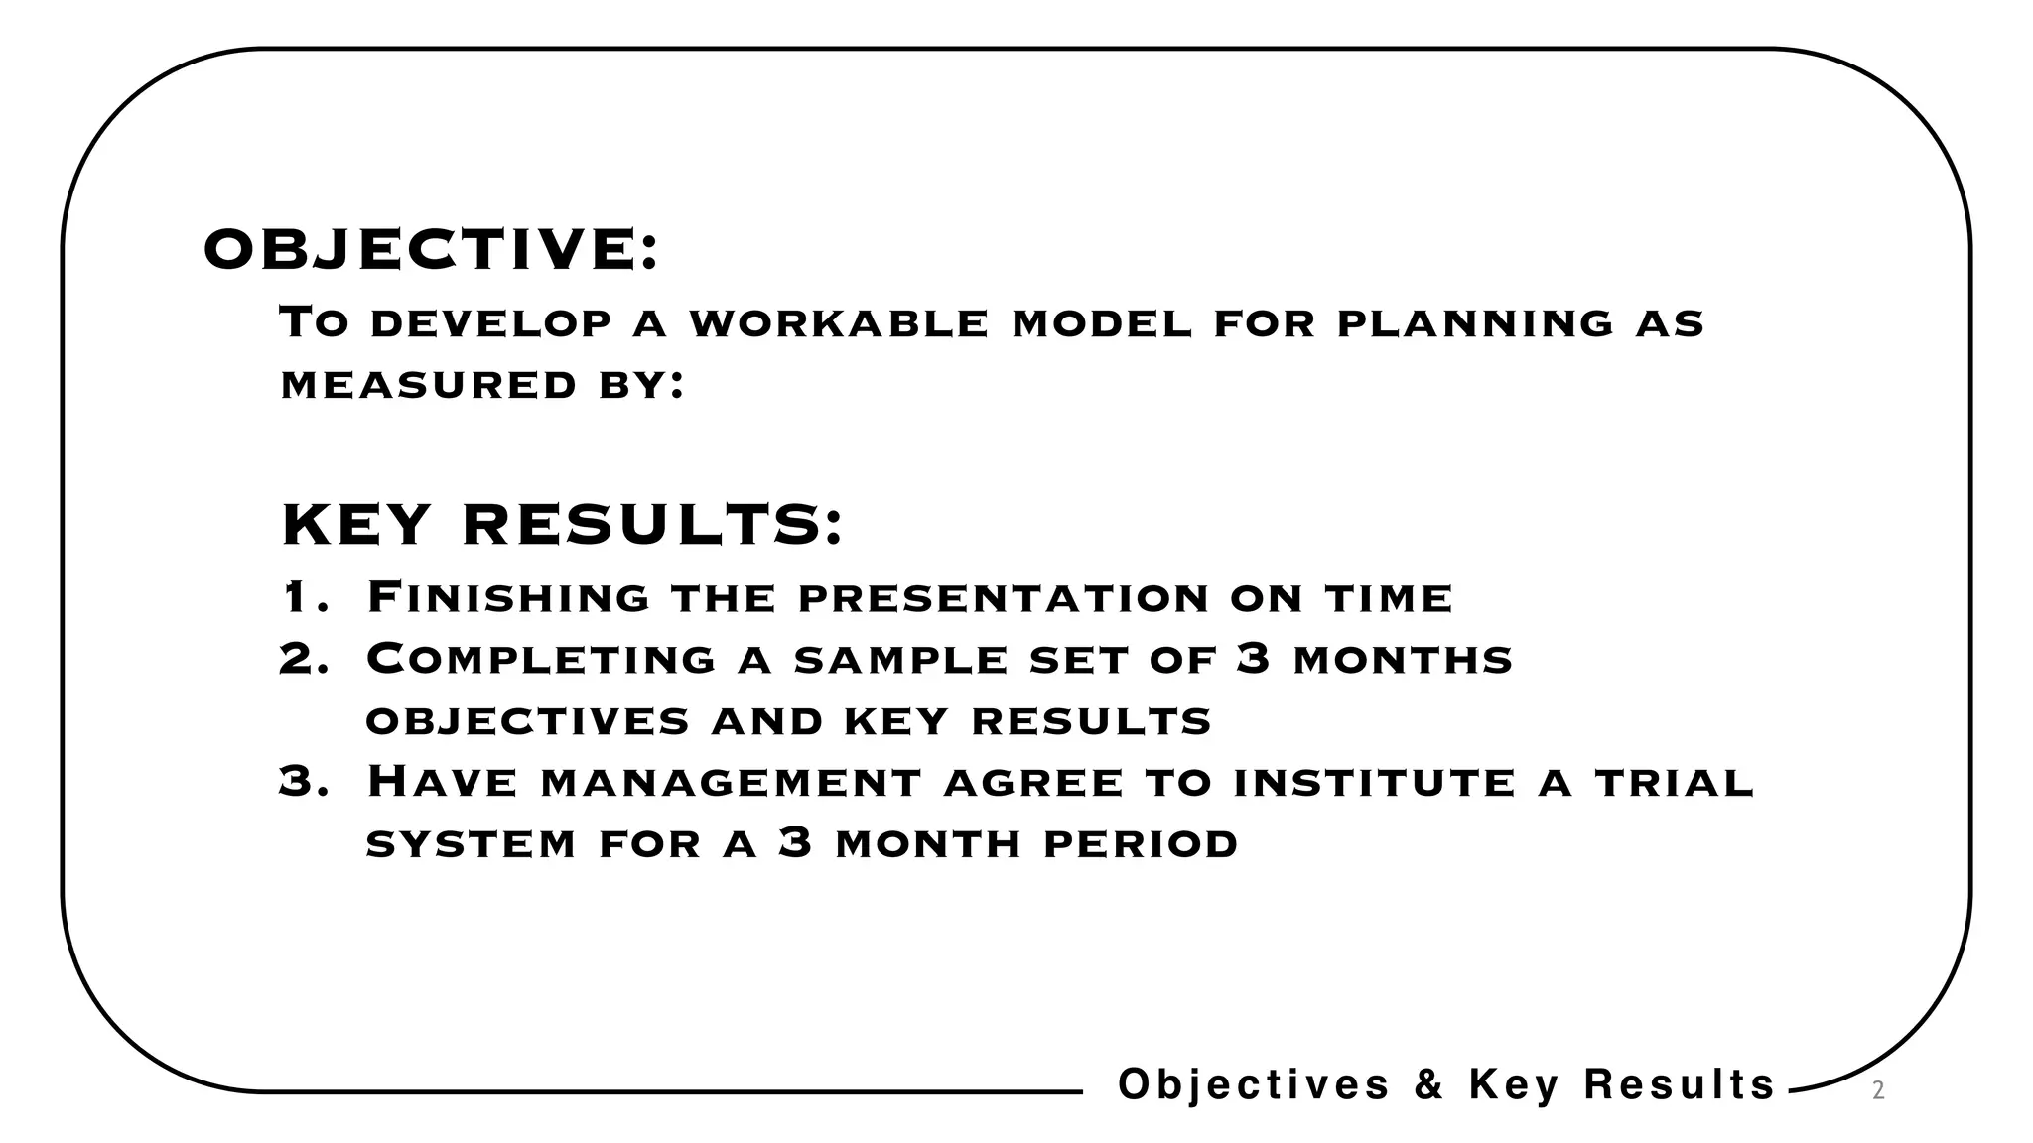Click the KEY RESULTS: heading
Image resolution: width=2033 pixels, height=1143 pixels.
562,525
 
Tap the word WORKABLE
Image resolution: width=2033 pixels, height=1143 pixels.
839,323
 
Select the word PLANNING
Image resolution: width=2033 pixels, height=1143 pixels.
1475,323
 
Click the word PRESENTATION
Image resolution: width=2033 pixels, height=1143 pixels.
1004,598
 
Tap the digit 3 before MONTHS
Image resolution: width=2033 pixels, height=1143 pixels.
1254,658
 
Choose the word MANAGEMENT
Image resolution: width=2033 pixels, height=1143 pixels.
732,783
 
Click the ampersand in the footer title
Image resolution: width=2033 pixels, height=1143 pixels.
1428,1083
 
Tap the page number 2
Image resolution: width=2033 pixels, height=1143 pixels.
1877,1091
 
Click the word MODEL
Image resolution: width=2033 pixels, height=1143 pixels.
1101,323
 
